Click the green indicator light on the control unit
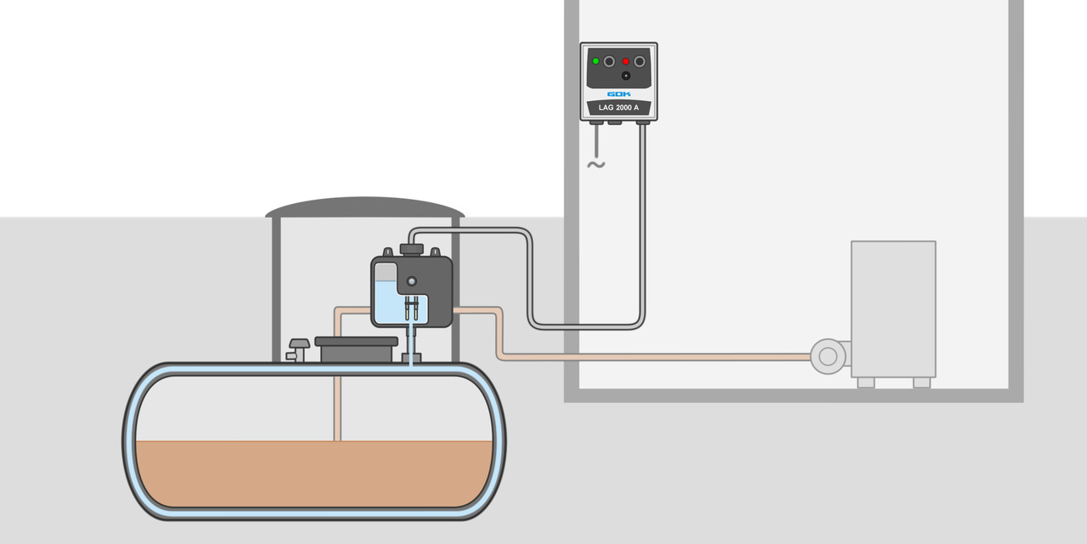tap(595, 61)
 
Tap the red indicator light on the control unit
tap(626, 61)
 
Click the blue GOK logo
tap(618, 93)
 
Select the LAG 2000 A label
tap(618, 108)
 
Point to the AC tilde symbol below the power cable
tap(596, 164)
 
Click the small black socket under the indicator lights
tap(626, 76)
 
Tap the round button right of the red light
tap(639, 61)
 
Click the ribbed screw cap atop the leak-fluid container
tap(412, 248)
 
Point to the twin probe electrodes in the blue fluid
tap(412, 307)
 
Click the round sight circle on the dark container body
tap(412, 280)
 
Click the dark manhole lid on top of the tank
tap(356, 342)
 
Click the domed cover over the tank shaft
tap(365, 207)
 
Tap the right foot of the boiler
tap(921, 382)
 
